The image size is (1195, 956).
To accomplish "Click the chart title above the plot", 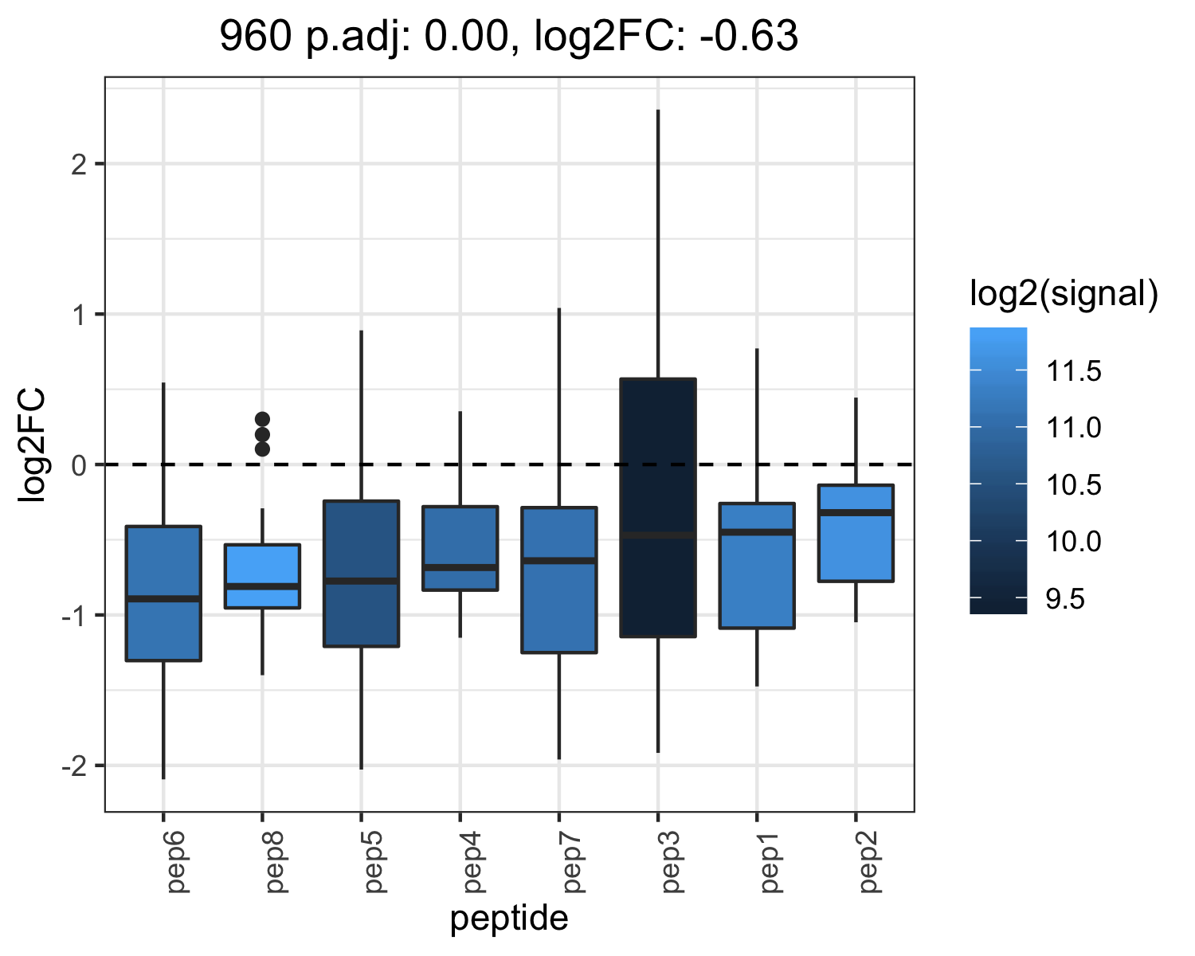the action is pyautogui.click(x=508, y=36).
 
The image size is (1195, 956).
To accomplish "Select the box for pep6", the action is pyautogui.click(x=163, y=593).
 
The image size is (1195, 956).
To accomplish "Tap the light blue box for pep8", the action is pyautogui.click(x=262, y=576).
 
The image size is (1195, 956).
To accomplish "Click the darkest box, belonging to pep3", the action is pyautogui.click(x=658, y=507).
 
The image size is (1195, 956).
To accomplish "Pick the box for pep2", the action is pyautogui.click(x=856, y=533).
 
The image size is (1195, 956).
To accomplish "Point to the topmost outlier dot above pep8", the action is pyautogui.click(x=262, y=419).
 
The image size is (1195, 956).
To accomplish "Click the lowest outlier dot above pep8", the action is pyautogui.click(x=262, y=449).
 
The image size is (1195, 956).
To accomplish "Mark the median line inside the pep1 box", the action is pyautogui.click(x=757, y=532).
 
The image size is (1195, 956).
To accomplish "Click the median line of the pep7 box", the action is pyautogui.click(x=559, y=561).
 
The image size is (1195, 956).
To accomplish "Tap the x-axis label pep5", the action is pyautogui.click(x=373, y=862).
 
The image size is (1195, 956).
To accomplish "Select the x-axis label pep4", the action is pyautogui.click(x=472, y=862).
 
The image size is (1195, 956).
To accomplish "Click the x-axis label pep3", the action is pyautogui.click(x=670, y=862).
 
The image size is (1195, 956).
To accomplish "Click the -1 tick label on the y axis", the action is pyautogui.click(x=74, y=616).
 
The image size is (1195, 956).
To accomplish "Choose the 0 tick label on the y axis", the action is pyautogui.click(x=79, y=465).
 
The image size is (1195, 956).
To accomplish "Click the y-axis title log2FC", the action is pyautogui.click(x=32, y=445).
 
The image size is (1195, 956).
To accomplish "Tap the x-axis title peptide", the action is pyautogui.click(x=509, y=919).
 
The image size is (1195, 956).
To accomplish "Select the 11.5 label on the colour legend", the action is pyautogui.click(x=1073, y=370).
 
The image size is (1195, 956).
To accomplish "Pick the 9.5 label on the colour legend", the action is pyautogui.click(x=1065, y=599).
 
